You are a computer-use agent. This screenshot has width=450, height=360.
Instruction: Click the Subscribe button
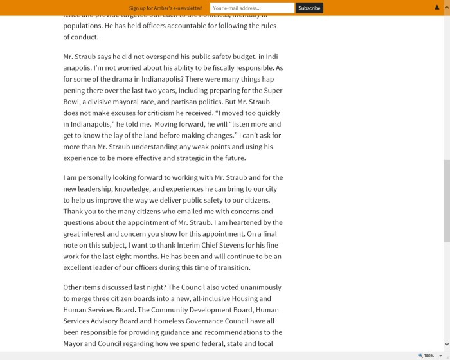[x=309, y=8]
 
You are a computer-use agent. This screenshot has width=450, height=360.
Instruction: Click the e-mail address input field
[x=252, y=8]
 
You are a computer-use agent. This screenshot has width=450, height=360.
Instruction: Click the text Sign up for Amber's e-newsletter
[x=166, y=8]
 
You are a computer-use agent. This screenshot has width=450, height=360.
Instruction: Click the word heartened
[x=248, y=222]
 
